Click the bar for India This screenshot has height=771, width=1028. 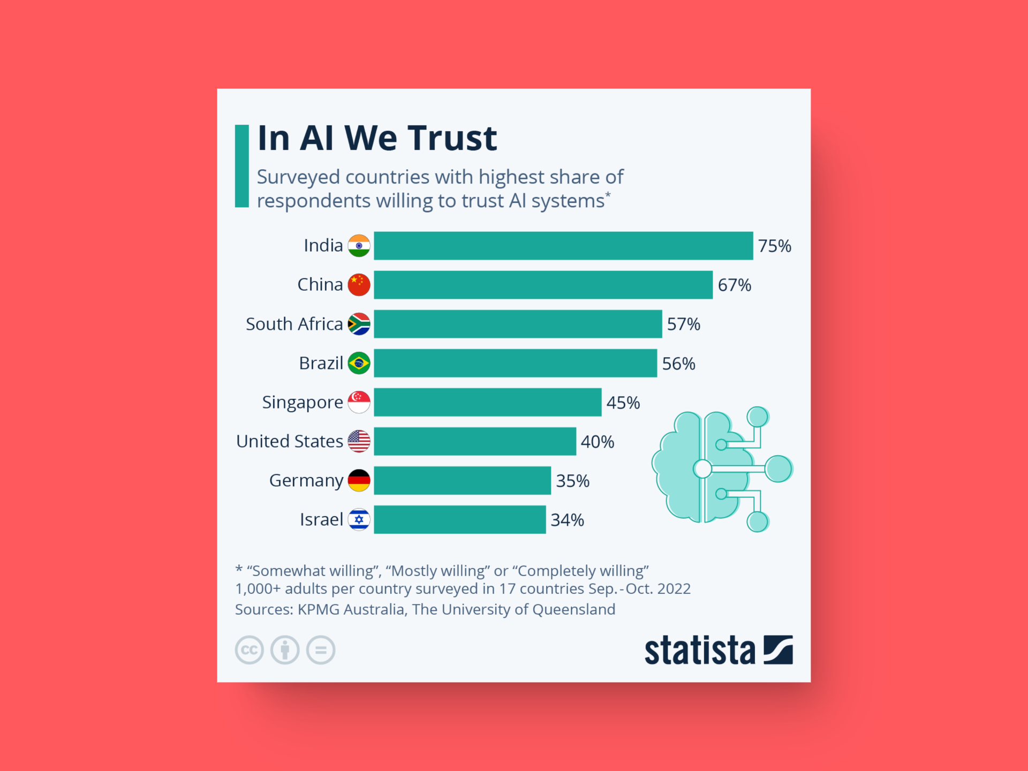[x=563, y=246]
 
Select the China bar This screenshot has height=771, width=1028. [x=543, y=285]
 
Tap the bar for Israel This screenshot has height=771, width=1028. [x=459, y=519]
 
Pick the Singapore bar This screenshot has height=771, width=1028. [x=487, y=402]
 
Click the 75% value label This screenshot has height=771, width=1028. [x=774, y=246]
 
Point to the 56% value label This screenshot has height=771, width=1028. [x=678, y=364]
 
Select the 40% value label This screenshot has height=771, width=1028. [x=597, y=442]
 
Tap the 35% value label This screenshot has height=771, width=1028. [x=572, y=481]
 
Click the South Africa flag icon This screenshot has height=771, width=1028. [x=359, y=324]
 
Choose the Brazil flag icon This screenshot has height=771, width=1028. [x=359, y=363]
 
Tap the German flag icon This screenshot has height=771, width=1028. [x=359, y=480]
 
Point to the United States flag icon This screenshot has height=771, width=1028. [x=359, y=441]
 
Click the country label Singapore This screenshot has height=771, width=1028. [x=302, y=403]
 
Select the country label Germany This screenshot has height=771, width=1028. [x=306, y=481]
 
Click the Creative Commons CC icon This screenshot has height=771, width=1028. [x=249, y=650]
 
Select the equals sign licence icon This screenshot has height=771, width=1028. [x=321, y=650]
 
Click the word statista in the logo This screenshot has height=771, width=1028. [x=699, y=651]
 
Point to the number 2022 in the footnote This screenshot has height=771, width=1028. [x=674, y=589]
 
